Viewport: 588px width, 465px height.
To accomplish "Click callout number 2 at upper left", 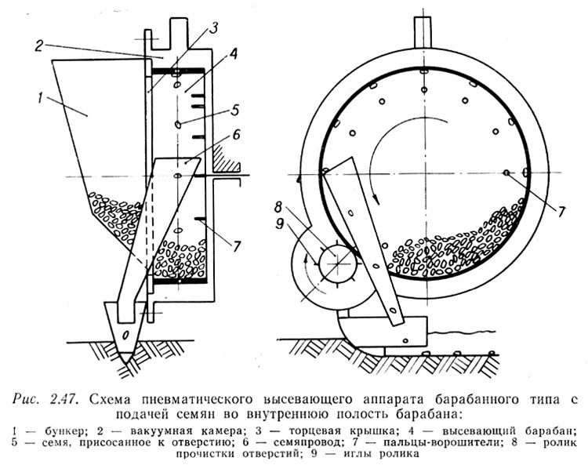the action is click(39, 45).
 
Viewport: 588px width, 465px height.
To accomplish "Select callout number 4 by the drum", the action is click(233, 55).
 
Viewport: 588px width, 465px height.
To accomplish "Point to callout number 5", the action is click(235, 110).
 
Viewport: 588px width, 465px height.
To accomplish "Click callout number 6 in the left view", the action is click(237, 136).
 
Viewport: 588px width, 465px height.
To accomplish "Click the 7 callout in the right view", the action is click(561, 212).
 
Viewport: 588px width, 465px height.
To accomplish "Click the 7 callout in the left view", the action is click(237, 246).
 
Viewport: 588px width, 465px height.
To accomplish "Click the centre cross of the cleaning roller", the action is click(336, 263).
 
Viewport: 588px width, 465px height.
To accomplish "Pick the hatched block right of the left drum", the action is click(223, 158).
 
